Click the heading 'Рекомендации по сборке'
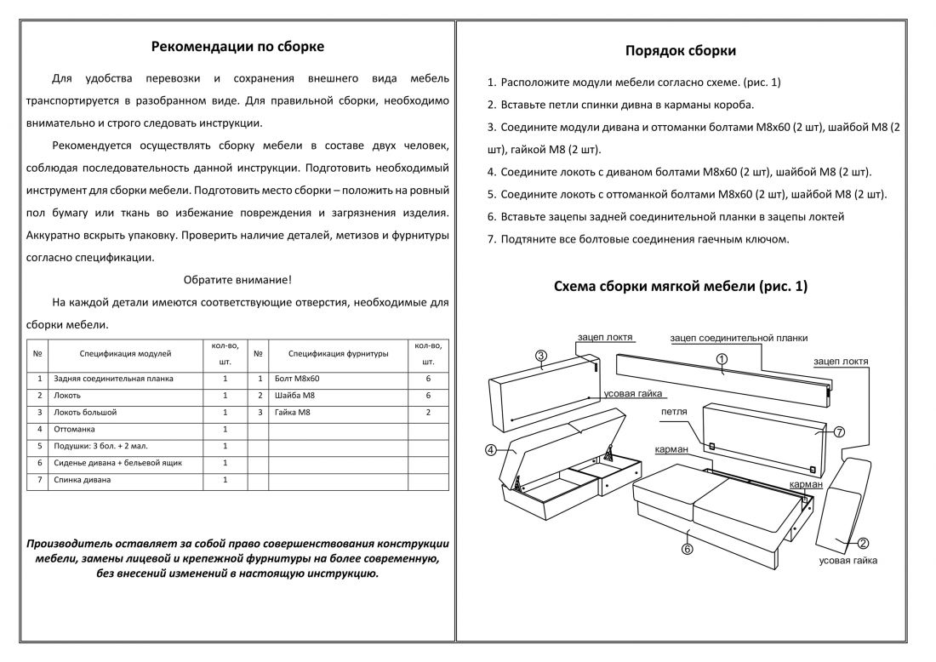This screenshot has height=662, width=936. tap(237, 47)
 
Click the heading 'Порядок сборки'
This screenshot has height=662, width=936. tap(681, 51)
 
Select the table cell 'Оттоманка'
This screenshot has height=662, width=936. tap(74, 429)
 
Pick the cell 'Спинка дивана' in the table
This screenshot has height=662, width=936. tap(82, 480)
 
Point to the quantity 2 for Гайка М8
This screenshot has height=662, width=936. tap(428, 412)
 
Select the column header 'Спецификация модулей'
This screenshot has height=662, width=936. tap(125, 352)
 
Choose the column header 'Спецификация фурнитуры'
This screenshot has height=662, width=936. tap(338, 352)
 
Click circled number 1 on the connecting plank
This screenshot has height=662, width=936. tap(721, 359)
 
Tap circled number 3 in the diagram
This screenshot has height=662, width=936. tap(541, 355)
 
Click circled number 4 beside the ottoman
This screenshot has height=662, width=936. tap(492, 449)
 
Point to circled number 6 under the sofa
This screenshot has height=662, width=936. tap(688, 549)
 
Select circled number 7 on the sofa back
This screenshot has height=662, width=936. tap(839, 431)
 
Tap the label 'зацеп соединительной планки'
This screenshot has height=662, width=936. tap(739, 338)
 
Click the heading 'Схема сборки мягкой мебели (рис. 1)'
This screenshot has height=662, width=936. tap(681, 287)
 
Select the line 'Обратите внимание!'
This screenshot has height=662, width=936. tap(237, 279)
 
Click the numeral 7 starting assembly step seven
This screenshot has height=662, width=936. tap(491, 239)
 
